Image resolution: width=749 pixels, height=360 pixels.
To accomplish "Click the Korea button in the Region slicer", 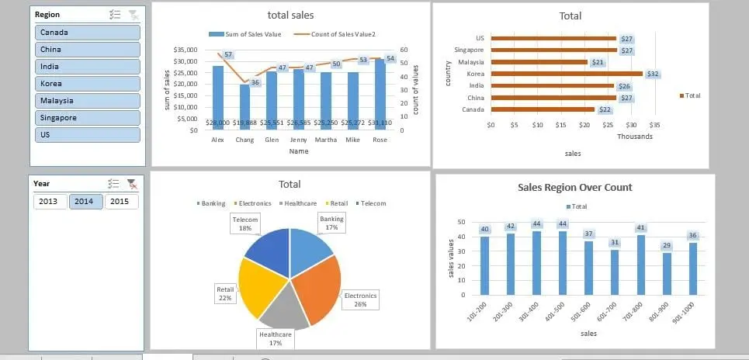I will (88, 84).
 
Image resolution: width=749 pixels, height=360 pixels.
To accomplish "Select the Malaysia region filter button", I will (88, 101).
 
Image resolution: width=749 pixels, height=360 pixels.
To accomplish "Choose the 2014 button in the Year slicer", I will (86, 202).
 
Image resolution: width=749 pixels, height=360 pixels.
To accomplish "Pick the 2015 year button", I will (121, 202).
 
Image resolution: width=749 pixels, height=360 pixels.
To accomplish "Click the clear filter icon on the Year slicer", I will (133, 184).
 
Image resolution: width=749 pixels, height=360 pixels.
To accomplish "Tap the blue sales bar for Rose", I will (380, 93).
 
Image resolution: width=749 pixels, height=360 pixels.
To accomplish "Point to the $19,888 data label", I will (244, 123).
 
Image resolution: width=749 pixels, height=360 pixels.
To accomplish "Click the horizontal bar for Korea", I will (567, 74).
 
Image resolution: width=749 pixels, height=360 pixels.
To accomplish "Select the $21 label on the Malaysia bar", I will (598, 62).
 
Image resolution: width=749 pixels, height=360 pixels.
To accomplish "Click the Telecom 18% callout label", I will (245, 224).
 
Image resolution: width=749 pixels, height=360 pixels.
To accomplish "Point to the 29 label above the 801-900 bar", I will (666, 245).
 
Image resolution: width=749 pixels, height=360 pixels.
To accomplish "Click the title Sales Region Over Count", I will (574, 187).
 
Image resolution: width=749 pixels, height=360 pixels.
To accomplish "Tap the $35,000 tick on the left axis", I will (187, 50).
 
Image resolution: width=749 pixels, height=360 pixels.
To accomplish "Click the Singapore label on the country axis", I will (469, 50).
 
